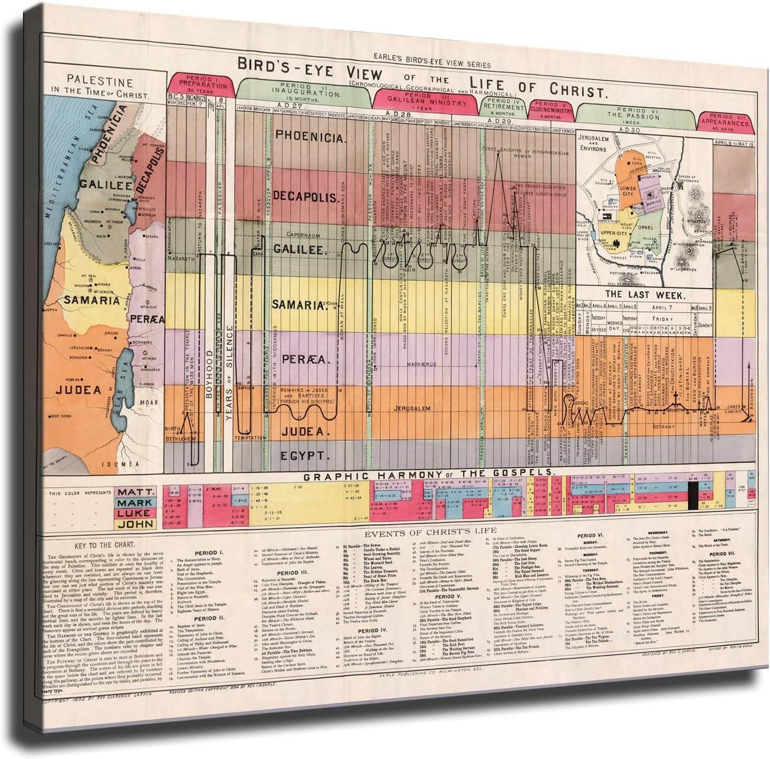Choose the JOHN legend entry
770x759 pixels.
click(135, 524)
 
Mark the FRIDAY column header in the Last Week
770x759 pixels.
click(662, 319)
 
